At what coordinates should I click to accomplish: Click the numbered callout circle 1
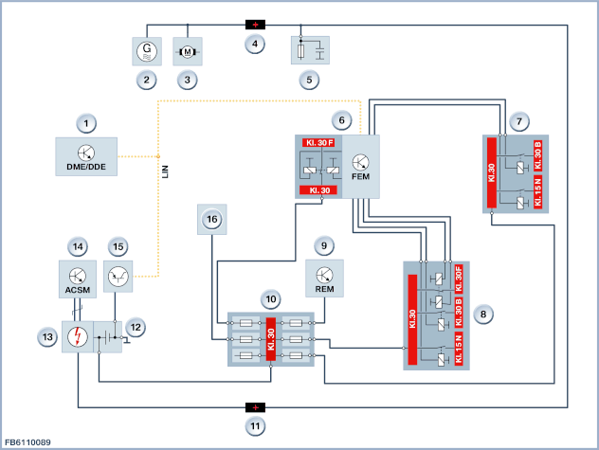tap(86, 123)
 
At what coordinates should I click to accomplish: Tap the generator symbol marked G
tap(147, 51)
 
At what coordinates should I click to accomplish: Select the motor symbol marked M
tap(188, 51)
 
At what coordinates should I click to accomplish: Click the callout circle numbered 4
tap(255, 44)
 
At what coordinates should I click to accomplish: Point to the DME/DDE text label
tap(86, 167)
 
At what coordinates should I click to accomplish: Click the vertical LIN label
tap(165, 171)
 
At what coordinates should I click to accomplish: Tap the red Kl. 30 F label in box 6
tap(318, 142)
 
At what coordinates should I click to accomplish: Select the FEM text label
tap(360, 176)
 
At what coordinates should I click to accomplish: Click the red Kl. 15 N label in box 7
tap(538, 192)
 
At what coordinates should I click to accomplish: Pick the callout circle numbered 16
tap(212, 219)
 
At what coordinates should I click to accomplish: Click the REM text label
tap(324, 289)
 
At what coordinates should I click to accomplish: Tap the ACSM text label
tap(78, 290)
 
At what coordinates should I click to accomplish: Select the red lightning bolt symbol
tap(78, 336)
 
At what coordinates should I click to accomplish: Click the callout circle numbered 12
tap(136, 328)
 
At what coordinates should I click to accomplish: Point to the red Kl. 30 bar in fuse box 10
tap(271, 339)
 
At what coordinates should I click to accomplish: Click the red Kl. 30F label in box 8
tap(459, 279)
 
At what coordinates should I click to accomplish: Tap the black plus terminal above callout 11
tap(255, 407)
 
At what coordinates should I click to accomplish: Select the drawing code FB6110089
tap(27, 442)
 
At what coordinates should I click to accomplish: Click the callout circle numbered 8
tap(483, 314)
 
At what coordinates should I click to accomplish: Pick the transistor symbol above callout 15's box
tap(118, 277)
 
